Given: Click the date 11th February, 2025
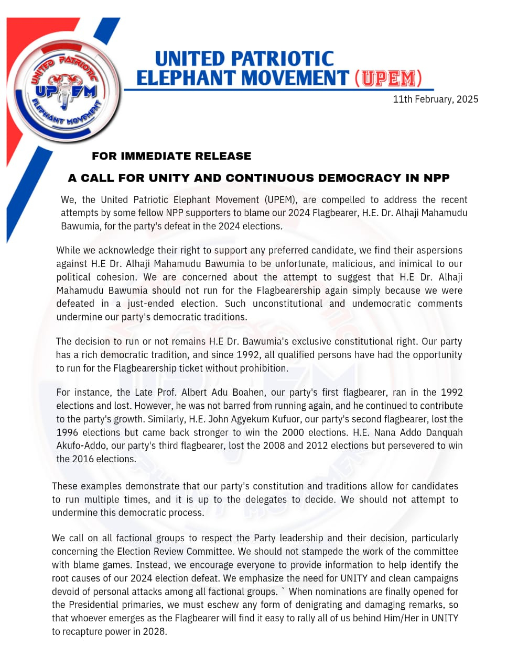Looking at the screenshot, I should click(435, 99).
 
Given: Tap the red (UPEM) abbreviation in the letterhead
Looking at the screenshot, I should click(388, 79).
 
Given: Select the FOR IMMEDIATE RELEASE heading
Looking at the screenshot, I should click(171, 156).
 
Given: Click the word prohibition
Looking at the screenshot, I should click(263, 368).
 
